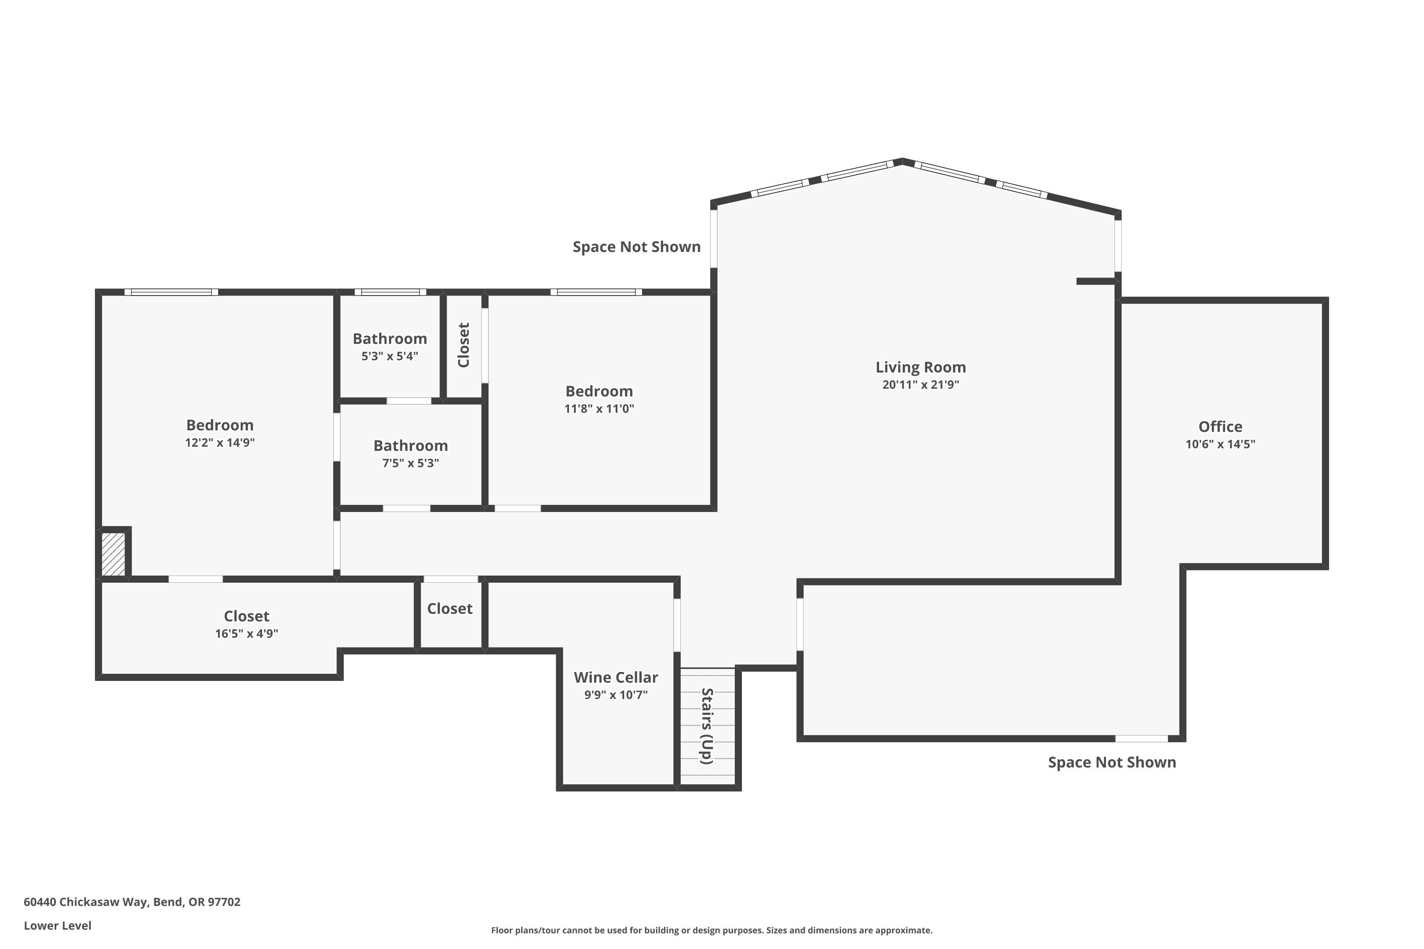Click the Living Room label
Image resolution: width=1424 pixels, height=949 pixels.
tap(920, 367)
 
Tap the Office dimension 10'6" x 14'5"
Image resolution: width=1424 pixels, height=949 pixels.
tap(1220, 444)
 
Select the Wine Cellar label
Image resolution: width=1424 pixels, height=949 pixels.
tap(616, 677)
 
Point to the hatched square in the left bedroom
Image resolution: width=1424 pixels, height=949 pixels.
tap(113, 554)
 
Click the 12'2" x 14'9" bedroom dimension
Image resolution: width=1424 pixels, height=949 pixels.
tap(220, 442)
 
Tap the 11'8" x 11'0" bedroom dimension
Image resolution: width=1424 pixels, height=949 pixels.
tap(599, 409)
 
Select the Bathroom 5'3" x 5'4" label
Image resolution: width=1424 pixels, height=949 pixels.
tap(390, 339)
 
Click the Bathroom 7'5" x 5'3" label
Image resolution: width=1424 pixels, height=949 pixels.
tap(411, 446)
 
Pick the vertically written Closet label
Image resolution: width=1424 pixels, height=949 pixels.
tap(464, 345)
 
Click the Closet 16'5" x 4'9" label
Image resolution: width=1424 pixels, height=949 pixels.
tap(246, 616)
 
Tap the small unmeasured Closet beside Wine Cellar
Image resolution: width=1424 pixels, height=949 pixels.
tap(450, 609)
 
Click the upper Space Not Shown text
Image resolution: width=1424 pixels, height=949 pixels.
tap(637, 247)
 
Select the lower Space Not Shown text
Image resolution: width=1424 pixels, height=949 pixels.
tap(1112, 763)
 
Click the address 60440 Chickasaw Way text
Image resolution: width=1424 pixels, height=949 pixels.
tap(132, 902)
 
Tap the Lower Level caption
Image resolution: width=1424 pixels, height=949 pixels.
tap(57, 925)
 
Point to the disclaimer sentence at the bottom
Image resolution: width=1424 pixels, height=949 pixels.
tap(712, 930)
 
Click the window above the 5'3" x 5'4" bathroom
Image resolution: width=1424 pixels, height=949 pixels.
tap(390, 292)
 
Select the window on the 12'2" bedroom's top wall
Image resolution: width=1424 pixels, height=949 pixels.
tap(171, 292)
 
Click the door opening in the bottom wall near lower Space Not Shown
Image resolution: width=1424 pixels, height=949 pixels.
tap(1141, 738)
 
